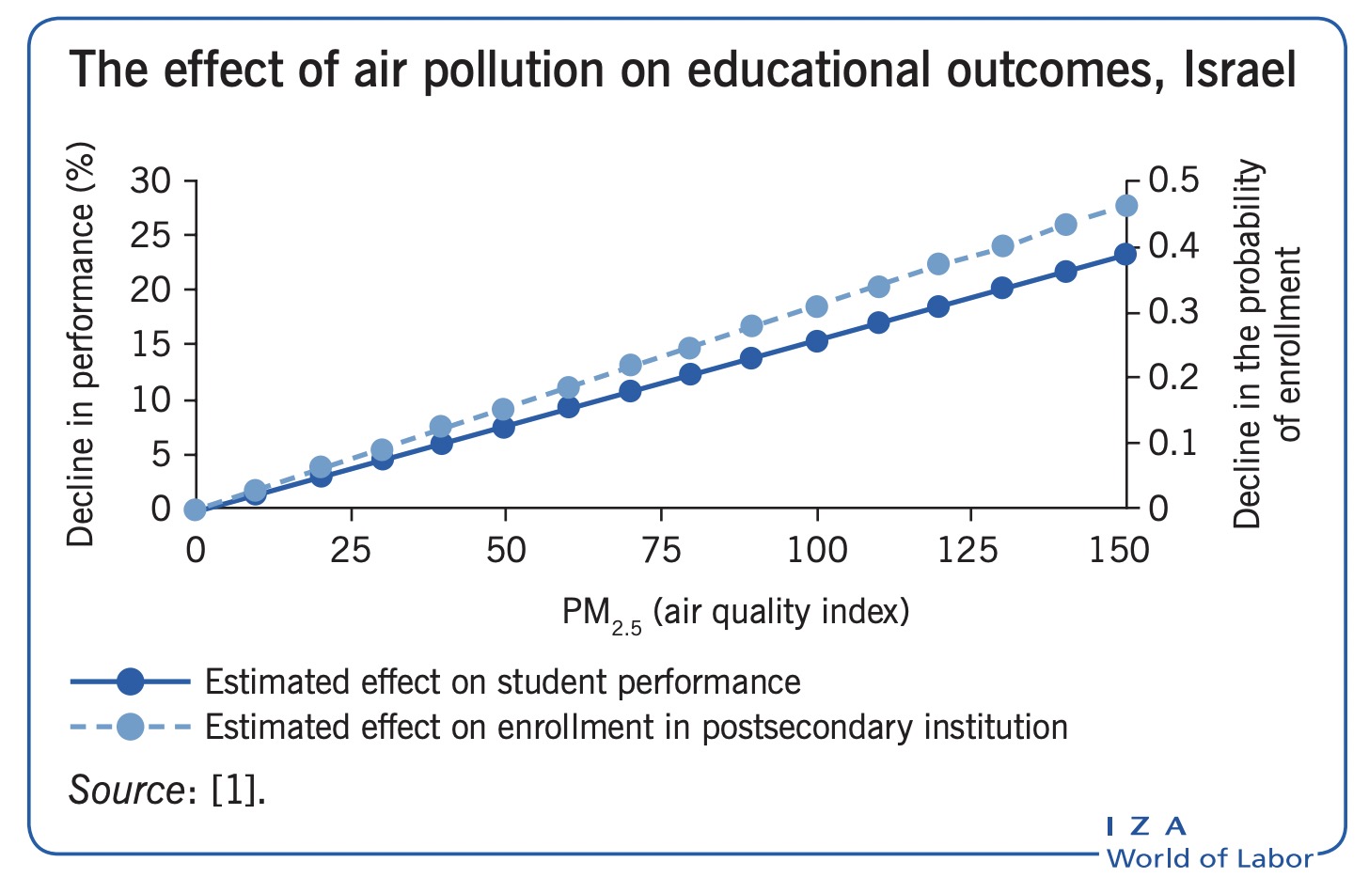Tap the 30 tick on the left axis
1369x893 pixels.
[150, 180]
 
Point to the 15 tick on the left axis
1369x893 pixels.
[150, 345]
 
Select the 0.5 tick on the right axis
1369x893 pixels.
[1173, 180]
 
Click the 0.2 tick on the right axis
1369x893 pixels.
[1173, 377]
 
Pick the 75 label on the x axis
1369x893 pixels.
[661, 550]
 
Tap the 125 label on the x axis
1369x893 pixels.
[969, 550]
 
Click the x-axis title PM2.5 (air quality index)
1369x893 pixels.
[735, 613]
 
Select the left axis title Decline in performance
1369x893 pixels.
[83, 345]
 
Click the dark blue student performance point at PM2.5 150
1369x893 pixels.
[1125, 255]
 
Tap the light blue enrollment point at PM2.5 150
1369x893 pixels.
[1125, 206]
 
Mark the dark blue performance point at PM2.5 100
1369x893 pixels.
[816, 341]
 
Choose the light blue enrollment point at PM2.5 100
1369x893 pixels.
[816, 306]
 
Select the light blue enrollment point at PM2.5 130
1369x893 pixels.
[1002, 246]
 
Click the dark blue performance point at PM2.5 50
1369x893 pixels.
[504, 427]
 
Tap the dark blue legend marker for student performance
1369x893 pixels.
[131, 681]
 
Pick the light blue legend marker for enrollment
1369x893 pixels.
[131, 727]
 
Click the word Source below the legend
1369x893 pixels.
[125, 791]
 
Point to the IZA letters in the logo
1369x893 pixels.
[1146, 826]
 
